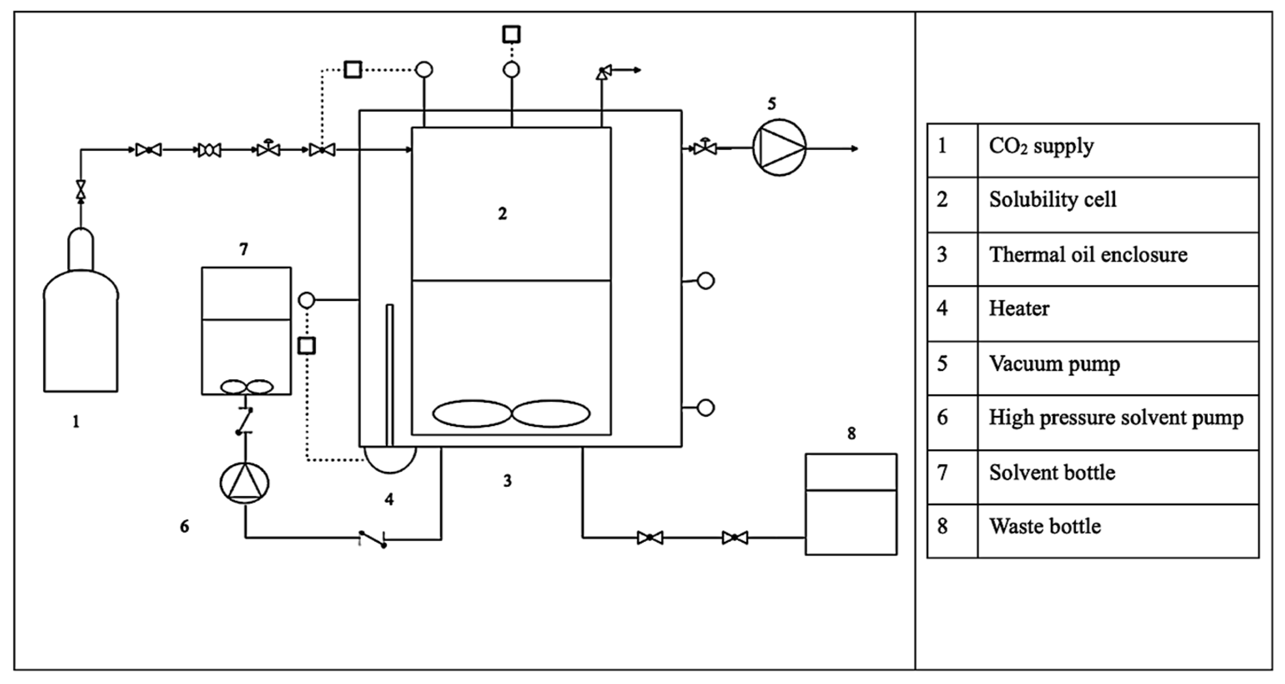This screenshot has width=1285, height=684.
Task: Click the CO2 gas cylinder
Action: [x=81, y=329]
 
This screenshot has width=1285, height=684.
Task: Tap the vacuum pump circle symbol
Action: [x=779, y=148]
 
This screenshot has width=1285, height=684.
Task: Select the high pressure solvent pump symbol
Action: [x=244, y=483]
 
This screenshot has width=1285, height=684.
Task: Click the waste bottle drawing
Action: [x=851, y=504]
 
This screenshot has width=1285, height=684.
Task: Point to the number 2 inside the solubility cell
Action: [x=502, y=213]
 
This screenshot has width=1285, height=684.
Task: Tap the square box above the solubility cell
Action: [x=511, y=35]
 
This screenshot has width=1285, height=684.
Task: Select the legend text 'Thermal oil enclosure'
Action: [x=1088, y=255]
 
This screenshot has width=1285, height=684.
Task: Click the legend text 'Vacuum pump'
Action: [x=1054, y=363]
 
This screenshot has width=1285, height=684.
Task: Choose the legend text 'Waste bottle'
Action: [x=1045, y=526]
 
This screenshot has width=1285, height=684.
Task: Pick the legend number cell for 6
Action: [x=942, y=417]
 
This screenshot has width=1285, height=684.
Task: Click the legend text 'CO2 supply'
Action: [x=1041, y=146]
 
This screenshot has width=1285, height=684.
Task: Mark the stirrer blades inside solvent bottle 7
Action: [x=247, y=387]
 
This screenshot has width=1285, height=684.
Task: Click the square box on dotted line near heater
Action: [x=306, y=346]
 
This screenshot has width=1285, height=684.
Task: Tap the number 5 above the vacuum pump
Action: [x=772, y=104]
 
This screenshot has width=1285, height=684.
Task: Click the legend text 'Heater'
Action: [x=1019, y=308]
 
